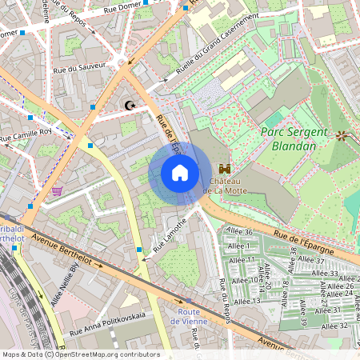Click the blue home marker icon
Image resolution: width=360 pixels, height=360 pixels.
tap(179, 173)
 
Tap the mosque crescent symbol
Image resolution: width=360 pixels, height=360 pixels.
tap(130, 105)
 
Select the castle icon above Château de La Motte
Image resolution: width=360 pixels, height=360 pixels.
tap(225, 169)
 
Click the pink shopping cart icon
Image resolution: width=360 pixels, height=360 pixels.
tap(57, 190)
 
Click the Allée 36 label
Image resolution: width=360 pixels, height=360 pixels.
tap(239, 232)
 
